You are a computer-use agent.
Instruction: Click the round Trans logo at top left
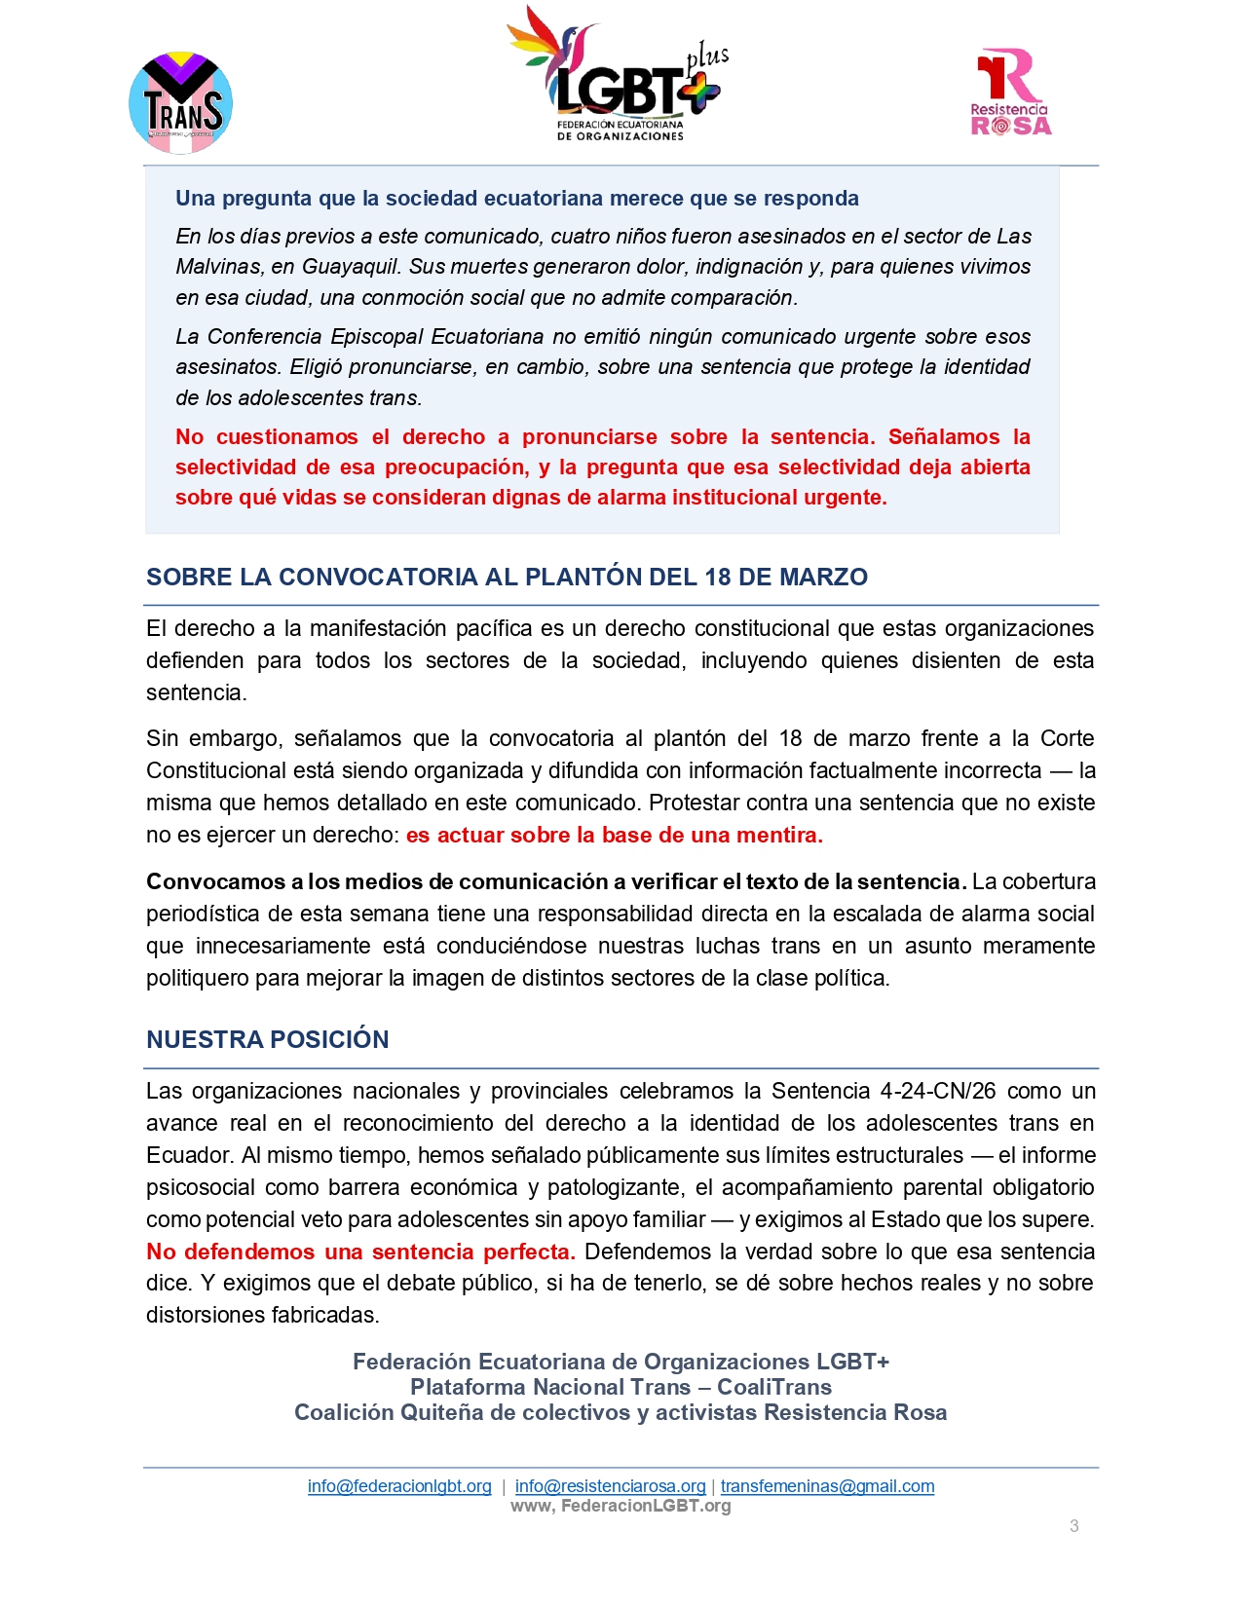click(180, 103)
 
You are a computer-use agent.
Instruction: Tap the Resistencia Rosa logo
click(1010, 93)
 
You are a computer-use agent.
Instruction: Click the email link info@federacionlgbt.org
click(399, 1486)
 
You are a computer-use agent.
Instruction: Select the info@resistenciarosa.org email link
click(610, 1486)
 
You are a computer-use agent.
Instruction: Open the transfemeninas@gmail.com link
click(827, 1486)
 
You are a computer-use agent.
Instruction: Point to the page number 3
click(1073, 1526)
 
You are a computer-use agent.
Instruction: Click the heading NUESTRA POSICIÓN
click(267, 1039)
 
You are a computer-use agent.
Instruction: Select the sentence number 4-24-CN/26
click(938, 1091)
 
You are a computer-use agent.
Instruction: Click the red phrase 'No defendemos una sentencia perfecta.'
click(360, 1252)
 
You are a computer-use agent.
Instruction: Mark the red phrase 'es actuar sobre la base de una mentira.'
click(614, 835)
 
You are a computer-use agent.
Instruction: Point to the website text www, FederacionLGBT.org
click(621, 1506)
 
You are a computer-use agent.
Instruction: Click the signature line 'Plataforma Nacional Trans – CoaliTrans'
click(621, 1387)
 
